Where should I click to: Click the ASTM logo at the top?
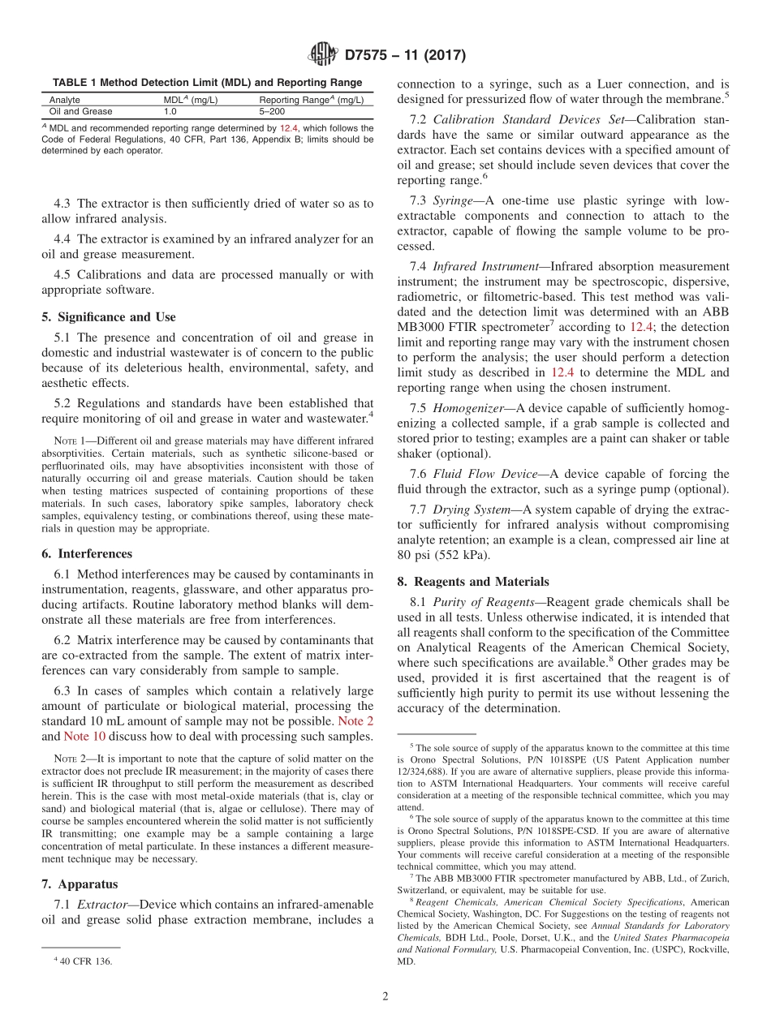[x=323, y=55]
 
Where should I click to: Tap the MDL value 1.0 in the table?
[x=170, y=112]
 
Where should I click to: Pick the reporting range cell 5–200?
[x=273, y=112]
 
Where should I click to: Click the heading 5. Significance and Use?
[x=108, y=316]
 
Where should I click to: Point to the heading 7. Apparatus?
[x=80, y=884]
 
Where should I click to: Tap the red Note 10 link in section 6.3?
[x=84, y=736]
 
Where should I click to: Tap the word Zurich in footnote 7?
[x=702, y=878]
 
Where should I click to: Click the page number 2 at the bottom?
[x=385, y=997]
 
